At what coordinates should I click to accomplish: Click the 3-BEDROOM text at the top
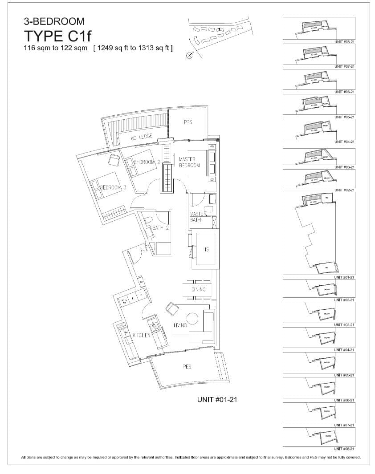pyautogui.click(x=54, y=21)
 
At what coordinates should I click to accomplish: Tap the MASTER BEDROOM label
pyautogui.click(x=189, y=162)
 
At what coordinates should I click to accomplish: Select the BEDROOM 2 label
pyautogui.click(x=147, y=162)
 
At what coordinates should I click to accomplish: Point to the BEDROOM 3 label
pyautogui.click(x=113, y=188)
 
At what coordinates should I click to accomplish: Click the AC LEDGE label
pyautogui.click(x=142, y=137)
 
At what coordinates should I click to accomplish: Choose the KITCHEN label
pyautogui.click(x=141, y=335)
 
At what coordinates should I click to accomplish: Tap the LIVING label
pyautogui.click(x=179, y=326)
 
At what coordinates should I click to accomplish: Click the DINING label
pyautogui.click(x=199, y=290)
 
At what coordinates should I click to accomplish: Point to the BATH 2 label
pyautogui.click(x=160, y=228)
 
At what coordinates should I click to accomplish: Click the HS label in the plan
pyautogui.click(x=206, y=250)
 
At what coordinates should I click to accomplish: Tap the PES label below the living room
pyautogui.click(x=187, y=367)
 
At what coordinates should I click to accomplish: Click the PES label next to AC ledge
pyautogui.click(x=188, y=122)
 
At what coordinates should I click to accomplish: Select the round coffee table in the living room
pyautogui.click(x=192, y=319)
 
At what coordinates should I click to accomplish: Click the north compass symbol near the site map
pyautogui.click(x=190, y=55)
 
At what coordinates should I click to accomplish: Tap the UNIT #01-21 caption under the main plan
pyautogui.click(x=216, y=400)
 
